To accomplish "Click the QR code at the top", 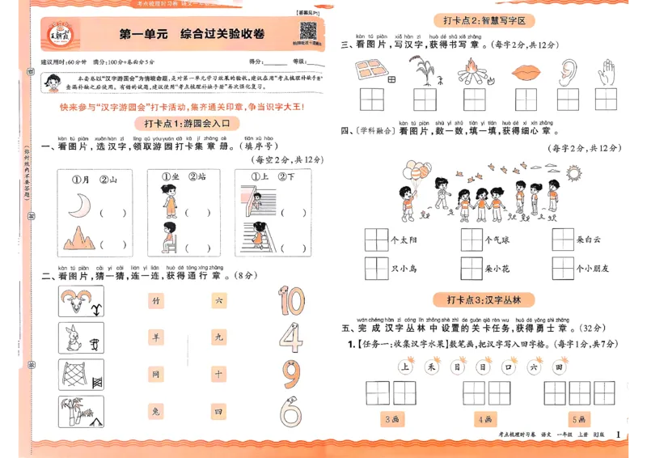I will coord(307,32).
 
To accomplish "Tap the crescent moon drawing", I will coord(78,209).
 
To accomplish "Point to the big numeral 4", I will coord(290,337).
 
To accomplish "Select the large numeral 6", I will coord(290,412).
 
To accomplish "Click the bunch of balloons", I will coord(418,173).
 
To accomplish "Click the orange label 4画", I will coord(485,419).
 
